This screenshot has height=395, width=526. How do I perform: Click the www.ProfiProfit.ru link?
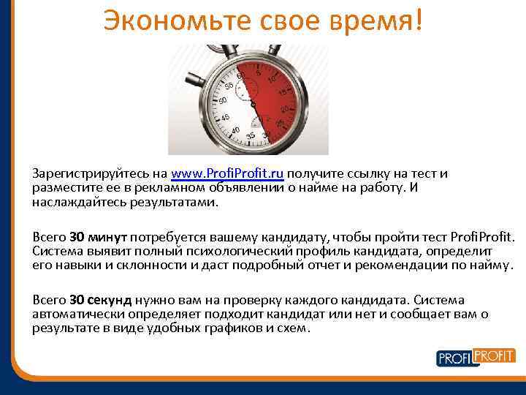click(x=227, y=174)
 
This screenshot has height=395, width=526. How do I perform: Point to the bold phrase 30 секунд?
click(x=101, y=301)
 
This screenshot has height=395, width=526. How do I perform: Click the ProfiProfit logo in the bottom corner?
click(x=476, y=358)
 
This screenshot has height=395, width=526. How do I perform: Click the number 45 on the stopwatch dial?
click(x=225, y=117)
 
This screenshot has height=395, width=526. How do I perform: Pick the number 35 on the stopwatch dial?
click(x=251, y=135)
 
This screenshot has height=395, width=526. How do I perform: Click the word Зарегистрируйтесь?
click(x=92, y=174)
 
